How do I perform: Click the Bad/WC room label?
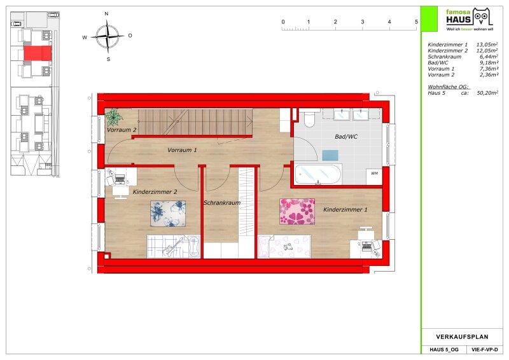(346, 137)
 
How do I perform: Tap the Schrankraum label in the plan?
(222, 203)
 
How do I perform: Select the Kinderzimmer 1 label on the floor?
(345, 210)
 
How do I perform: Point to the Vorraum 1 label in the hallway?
(182, 150)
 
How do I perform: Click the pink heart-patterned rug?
(297, 211)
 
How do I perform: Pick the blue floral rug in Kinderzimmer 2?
(168, 213)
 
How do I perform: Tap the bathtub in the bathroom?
(318, 174)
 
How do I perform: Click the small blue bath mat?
(330, 155)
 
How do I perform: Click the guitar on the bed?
(172, 247)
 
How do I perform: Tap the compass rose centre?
(107, 36)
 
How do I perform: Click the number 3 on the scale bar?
(362, 22)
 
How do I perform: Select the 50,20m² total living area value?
(487, 93)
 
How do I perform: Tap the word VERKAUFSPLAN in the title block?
(462, 336)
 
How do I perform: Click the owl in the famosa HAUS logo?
(482, 17)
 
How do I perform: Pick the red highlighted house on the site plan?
(38, 53)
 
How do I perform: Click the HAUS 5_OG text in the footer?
(444, 350)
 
